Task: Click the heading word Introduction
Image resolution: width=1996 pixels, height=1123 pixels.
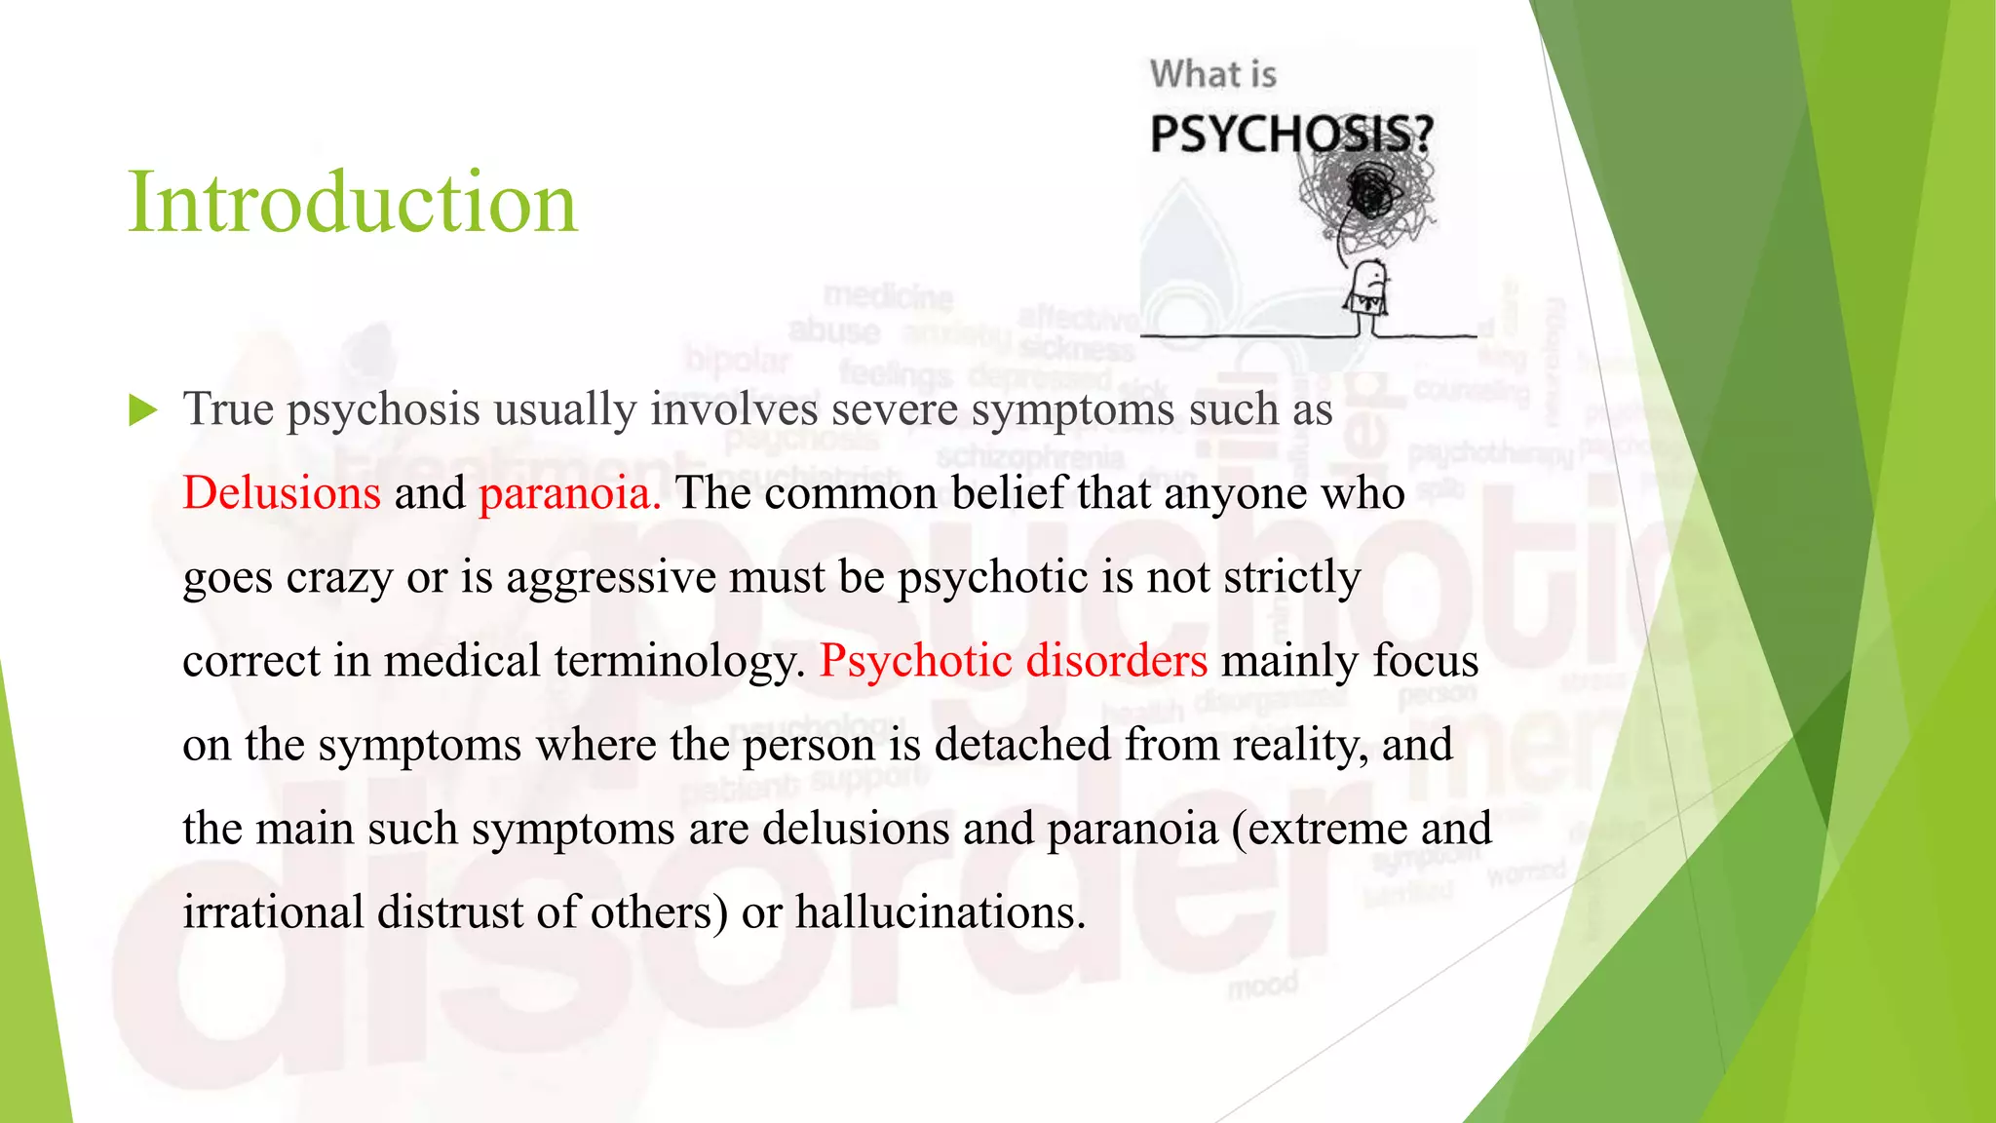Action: pyautogui.click(x=353, y=202)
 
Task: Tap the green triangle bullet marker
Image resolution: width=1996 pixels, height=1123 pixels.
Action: pyautogui.click(x=143, y=410)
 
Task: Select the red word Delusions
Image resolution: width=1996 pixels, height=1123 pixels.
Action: pyautogui.click(x=282, y=492)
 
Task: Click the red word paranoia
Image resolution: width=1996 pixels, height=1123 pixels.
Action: pyautogui.click(x=569, y=492)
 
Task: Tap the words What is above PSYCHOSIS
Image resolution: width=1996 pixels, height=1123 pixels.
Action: pyautogui.click(x=1212, y=75)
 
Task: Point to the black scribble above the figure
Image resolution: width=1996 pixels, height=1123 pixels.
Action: pyautogui.click(x=1367, y=196)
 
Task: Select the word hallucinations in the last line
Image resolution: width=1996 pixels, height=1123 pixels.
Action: pyautogui.click(x=940, y=912)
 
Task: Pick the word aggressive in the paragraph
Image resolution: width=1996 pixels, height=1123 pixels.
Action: pyautogui.click(x=611, y=577)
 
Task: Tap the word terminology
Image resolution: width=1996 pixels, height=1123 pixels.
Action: pyautogui.click(x=680, y=661)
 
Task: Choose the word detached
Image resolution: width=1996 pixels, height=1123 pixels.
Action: pyautogui.click(x=1022, y=745)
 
